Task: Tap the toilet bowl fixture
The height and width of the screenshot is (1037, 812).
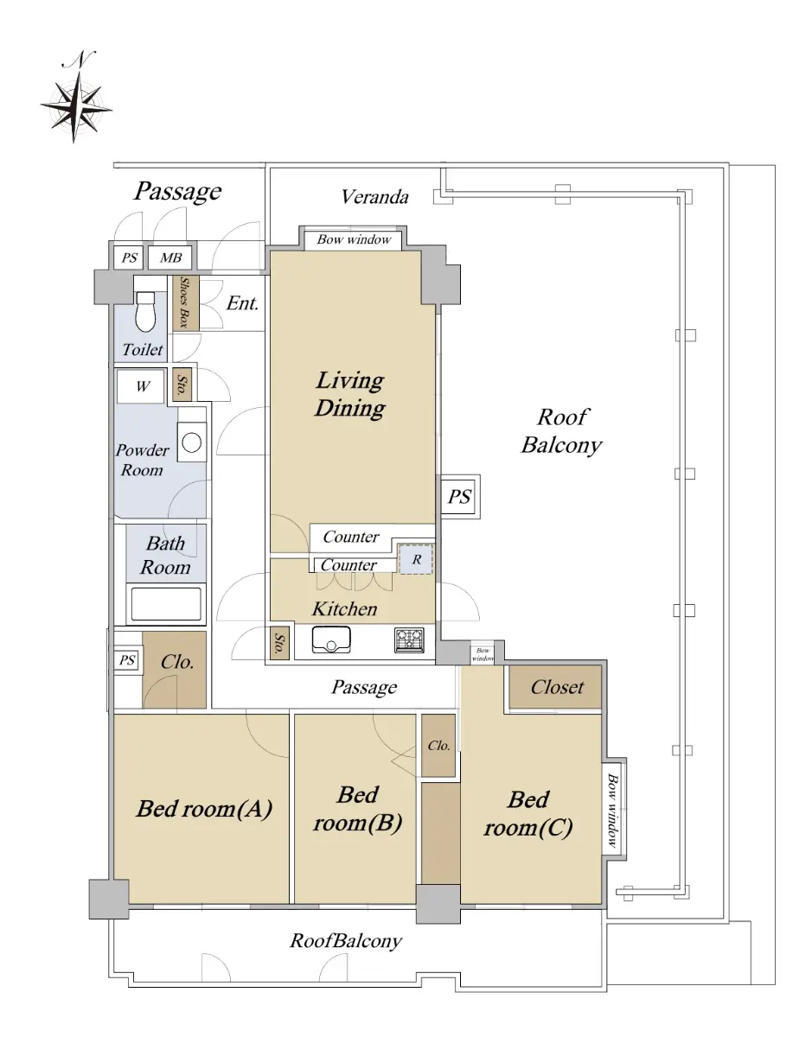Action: tap(145, 310)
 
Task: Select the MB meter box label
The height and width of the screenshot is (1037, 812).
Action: tap(170, 258)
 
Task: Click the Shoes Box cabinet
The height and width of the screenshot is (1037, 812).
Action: tap(186, 303)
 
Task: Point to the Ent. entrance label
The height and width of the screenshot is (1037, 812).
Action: tap(242, 303)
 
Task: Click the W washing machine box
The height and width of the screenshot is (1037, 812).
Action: tap(142, 386)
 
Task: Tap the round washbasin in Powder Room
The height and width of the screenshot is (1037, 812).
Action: tap(191, 442)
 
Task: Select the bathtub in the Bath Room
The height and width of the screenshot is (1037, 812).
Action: tap(166, 605)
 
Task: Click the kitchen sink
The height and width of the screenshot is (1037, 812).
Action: tap(331, 640)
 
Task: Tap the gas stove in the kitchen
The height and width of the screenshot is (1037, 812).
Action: tap(410, 640)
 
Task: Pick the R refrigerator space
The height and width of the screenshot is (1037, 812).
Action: tap(416, 559)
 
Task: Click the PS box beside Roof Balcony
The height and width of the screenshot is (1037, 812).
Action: tap(459, 497)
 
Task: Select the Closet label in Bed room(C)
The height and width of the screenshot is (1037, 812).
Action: tap(557, 688)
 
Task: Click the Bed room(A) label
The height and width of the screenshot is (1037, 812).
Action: tap(204, 810)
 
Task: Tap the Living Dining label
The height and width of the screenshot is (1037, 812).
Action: tap(350, 395)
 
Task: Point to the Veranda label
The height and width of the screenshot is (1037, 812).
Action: tap(375, 197)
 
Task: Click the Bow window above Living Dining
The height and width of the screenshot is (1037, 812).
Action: tap(354, 239)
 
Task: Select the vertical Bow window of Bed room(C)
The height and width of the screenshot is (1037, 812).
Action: tap(613, 810)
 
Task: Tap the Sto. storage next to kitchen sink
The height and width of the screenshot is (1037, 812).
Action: tap(279, 643)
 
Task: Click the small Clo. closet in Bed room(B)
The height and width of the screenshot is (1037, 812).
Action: tap(438, 746)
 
